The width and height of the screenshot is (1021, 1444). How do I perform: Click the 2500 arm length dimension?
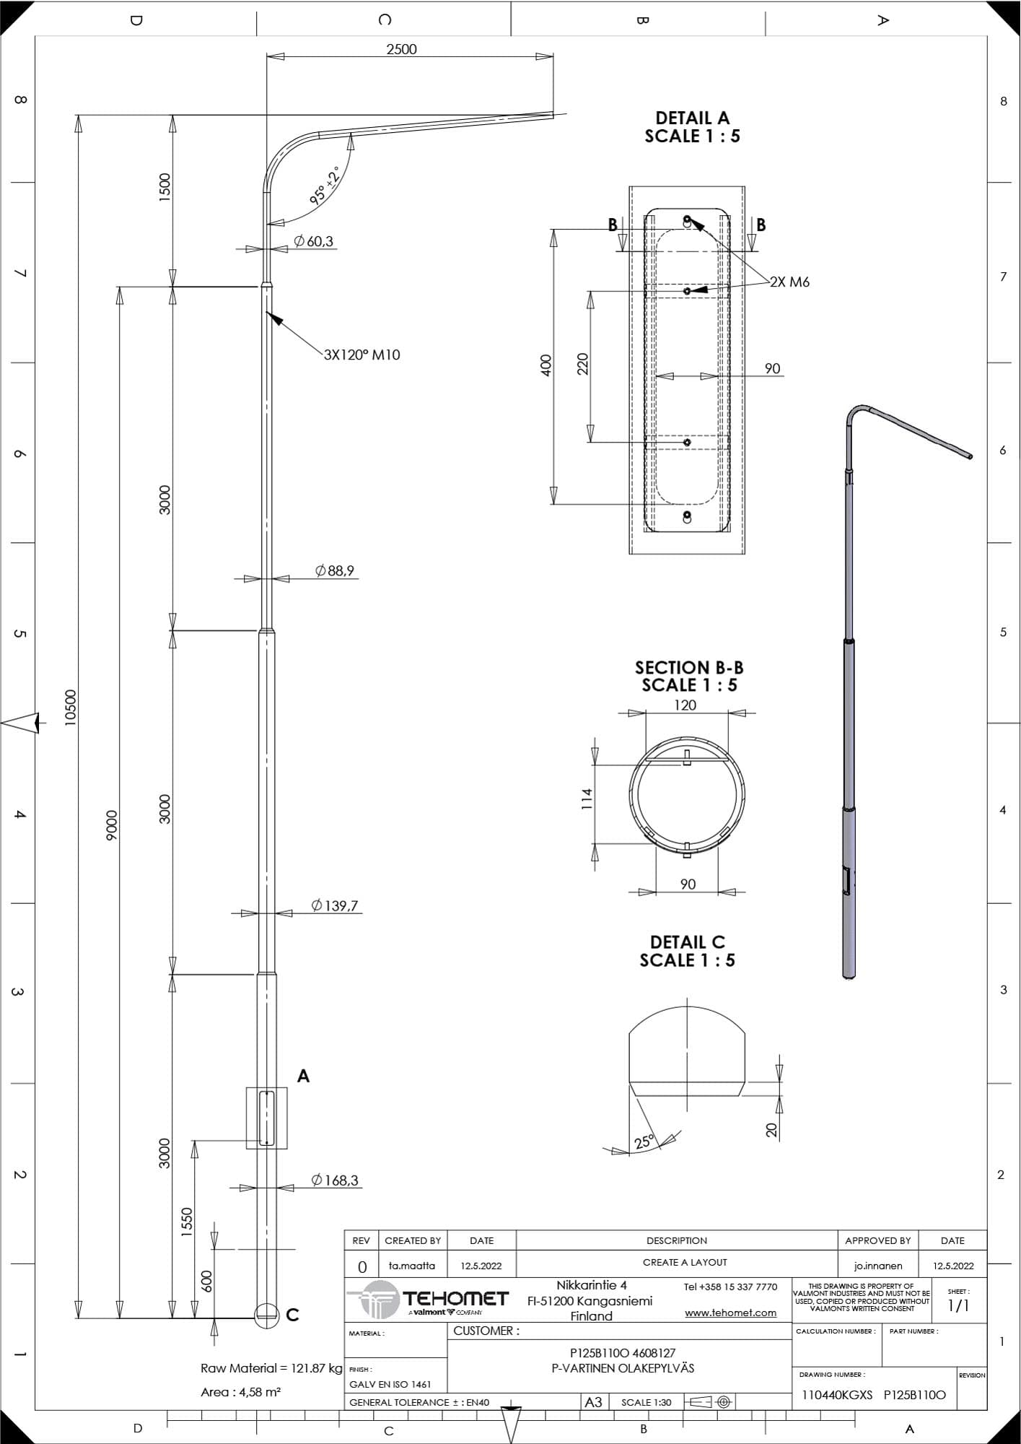[401, 49]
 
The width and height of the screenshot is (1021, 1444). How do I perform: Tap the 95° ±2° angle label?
[325, 186]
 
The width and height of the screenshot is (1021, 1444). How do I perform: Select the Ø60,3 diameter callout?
[313, 241]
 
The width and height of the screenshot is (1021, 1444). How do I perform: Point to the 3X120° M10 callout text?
[361, 355]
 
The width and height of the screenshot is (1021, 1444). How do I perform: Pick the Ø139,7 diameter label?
[335, 905]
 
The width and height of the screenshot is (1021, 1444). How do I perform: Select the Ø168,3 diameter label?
[335, 1180]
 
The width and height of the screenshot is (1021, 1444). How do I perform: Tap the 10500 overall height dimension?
[70, 707]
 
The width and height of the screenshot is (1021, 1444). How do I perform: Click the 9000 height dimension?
[111, 825]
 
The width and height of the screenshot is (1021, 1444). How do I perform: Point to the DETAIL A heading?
[692, 118]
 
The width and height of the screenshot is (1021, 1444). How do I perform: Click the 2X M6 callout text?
[789, 282]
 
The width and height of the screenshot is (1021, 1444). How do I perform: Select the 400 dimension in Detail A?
[546, 365]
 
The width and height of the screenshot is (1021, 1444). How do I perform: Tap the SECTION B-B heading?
[689, 667]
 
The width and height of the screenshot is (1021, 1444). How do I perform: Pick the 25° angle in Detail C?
[644, 1141]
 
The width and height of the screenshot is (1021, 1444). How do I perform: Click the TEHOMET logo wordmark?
[455, 1298]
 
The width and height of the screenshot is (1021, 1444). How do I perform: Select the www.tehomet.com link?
[730, 1313]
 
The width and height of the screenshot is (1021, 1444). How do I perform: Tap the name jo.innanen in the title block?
[877, 1266]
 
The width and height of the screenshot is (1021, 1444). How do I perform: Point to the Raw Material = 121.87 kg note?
[271, 1368]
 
